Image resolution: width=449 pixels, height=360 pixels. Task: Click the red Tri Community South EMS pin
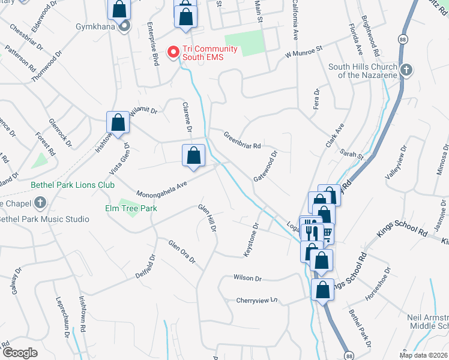click(x=174, y=52)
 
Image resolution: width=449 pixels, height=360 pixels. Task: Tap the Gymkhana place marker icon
click(x=124, y=26)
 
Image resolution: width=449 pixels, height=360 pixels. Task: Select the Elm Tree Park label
click(x=132, y=208)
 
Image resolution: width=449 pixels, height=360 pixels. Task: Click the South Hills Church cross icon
click(x=406, y=70)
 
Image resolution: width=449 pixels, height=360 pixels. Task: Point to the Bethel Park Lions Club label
click(x=73, y=185)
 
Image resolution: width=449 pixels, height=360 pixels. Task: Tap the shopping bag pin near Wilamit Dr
click(x=118, y=122)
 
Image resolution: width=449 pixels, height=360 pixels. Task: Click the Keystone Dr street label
click(x=251, y=241)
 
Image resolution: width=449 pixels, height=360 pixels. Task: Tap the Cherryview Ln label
click(x=258, y=299)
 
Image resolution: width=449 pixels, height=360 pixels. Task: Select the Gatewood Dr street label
click(x=265, y=166)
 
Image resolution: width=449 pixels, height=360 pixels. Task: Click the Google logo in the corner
click(x=20, y=353)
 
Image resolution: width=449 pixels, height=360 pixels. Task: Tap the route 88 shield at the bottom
click(x=349, y=355)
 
